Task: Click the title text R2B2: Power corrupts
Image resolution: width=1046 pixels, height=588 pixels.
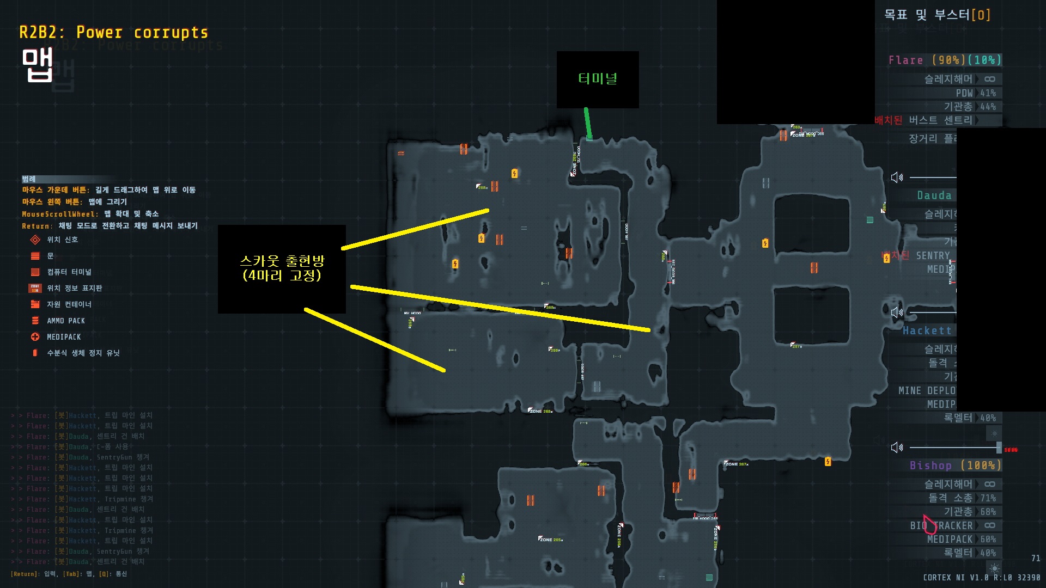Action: click(113, 33)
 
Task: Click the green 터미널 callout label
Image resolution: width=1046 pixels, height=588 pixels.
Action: click(598, 79)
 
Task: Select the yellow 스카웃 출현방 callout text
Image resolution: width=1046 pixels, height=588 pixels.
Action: click(282, 268)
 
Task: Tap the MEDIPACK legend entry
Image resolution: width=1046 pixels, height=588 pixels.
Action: click(63, 337)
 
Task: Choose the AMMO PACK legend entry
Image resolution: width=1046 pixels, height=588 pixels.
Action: click(65, 321)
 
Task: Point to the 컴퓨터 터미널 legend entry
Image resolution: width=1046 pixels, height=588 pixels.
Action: click(69, 272)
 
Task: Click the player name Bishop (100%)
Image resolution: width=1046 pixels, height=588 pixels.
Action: click(954, 465)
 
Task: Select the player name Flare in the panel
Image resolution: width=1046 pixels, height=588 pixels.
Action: click(905, 60)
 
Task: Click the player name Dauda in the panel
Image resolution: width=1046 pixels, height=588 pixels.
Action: click(934, 195)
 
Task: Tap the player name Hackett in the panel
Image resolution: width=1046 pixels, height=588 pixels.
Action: click(927, 330)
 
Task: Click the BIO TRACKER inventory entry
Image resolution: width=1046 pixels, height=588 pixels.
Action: click(941, 525)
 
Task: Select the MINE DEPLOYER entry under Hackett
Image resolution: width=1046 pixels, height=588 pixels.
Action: click(927, 390)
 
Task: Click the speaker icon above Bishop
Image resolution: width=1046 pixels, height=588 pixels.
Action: click(896, 448)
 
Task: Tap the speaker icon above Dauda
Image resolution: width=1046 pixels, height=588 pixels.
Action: click(896, 177)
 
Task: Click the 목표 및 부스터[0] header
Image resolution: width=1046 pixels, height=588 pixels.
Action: click(937, 15)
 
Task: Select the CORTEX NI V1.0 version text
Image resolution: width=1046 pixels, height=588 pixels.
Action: click(956, 577)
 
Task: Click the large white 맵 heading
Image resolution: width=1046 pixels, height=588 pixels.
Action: click(38, 65)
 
